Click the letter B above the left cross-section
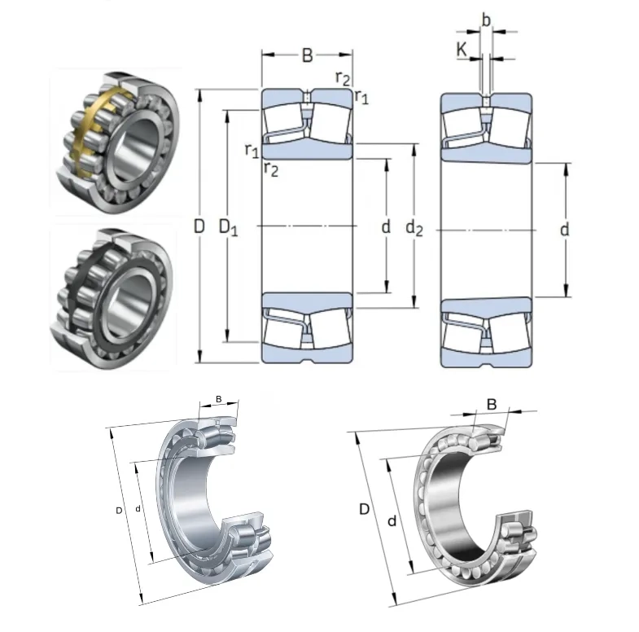(307, 55)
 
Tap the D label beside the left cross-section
(198, 228)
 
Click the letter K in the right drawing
(462, 50)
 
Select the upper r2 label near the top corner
(343, 78)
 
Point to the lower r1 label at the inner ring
(252, 150)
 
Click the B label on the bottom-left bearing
(218, 399)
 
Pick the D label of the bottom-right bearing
(364, 510)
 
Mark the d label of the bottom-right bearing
(392, 520)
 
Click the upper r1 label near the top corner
(362, 99)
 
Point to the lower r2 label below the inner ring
(271, 169)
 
